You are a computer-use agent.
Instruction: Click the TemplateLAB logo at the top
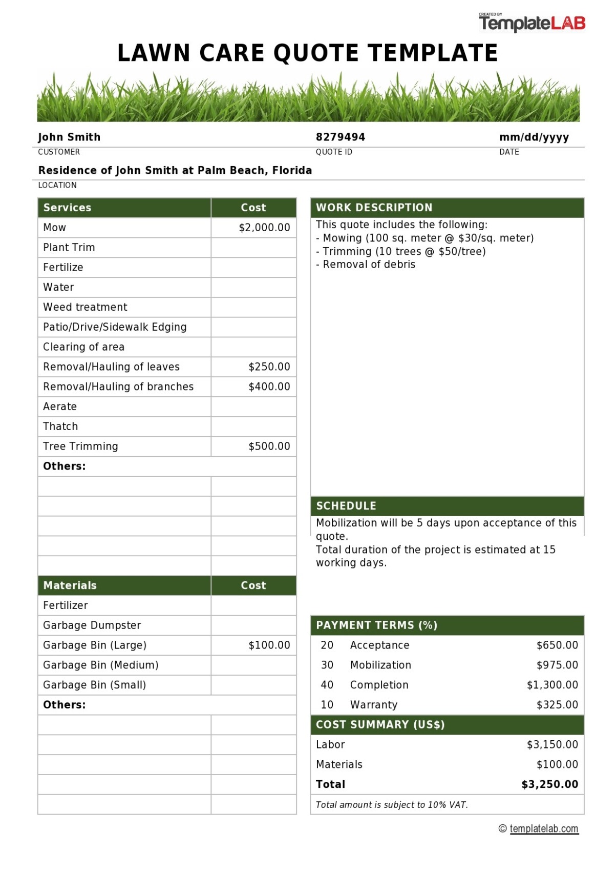point(532,23)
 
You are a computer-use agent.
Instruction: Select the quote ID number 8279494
point(340,137)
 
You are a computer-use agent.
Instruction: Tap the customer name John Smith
point(69,137)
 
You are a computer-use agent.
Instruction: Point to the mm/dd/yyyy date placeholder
point(534,137)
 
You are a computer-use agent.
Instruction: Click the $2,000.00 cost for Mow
point(264,228)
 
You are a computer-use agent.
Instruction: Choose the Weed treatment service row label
point(85,307)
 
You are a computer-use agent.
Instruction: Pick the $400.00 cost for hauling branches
point(269,387)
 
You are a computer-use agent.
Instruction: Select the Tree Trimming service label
point(80,447)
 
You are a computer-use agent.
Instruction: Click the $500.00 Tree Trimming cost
point(269,447)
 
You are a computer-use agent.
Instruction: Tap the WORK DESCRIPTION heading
point(374,208)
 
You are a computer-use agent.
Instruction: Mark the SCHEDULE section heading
point(346,506)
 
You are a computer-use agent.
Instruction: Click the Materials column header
point(70,585)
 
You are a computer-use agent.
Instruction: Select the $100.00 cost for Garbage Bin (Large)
point(269,645)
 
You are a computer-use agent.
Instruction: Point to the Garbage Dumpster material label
point(92,625)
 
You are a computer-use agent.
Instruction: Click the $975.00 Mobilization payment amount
point(557,665)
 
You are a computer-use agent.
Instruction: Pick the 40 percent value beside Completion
point(327,685)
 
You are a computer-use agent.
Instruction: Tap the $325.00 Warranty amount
point(557,705)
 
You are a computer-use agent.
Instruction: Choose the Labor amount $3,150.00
point(552,744)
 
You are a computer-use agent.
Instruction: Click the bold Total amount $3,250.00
point(549,784)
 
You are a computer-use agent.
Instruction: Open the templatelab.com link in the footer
point(544,829)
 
